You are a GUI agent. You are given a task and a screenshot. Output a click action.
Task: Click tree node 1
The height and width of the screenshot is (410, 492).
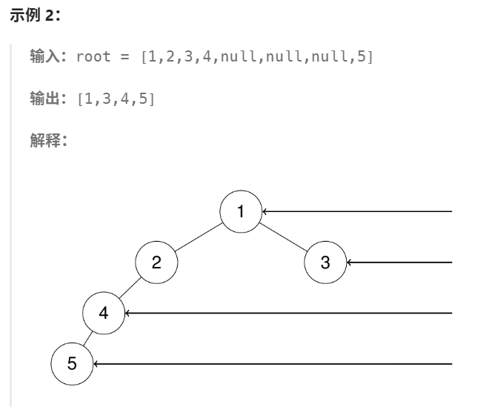241,211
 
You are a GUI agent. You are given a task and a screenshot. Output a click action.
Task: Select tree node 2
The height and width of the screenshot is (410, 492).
156,262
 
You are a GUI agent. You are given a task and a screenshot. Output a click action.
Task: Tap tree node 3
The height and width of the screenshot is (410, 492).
326,262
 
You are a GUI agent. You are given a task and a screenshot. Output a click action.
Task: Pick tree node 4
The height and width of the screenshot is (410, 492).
104,313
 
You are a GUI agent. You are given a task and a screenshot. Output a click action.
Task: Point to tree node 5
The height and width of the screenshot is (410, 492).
72,363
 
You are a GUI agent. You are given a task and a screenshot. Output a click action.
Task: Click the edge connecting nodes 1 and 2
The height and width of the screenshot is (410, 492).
199,237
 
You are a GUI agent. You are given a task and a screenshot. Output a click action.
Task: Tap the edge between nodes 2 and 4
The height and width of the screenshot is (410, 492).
130,288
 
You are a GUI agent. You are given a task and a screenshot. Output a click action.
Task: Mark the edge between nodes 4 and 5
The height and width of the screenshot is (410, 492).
87,338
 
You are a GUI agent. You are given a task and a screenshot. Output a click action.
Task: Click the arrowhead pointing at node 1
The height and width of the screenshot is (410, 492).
265,211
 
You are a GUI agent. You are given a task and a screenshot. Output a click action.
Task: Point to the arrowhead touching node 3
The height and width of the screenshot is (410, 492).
350,262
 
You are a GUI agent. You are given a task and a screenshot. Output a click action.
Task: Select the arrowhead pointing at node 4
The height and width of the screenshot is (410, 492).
128,313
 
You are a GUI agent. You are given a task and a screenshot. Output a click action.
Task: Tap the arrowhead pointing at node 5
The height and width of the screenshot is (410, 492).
96,363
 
